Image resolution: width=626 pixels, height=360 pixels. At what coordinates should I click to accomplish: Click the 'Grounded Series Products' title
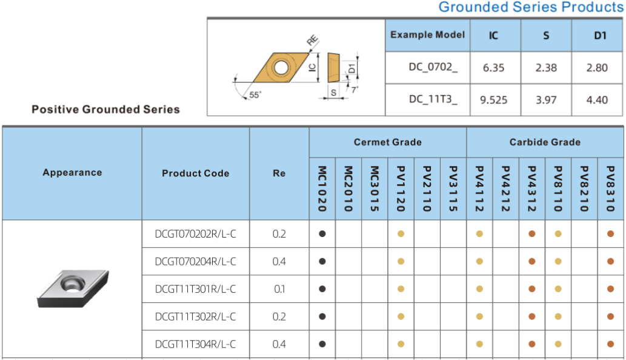531,7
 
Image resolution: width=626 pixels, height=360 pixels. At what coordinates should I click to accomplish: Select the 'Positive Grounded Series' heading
106,109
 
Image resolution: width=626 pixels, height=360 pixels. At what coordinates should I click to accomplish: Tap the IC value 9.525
493,100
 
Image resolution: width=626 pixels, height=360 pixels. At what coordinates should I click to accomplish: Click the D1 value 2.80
597,67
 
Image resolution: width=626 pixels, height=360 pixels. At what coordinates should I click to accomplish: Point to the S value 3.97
546,100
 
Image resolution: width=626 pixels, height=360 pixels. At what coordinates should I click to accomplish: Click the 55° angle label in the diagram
255,95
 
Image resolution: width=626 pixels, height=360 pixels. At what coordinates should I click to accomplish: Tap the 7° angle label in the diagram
355,90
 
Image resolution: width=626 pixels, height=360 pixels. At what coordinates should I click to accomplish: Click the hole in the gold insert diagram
281,67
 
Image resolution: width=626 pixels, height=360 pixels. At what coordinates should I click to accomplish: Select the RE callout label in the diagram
312,41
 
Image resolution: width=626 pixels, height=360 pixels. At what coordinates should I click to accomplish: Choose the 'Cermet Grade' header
388,142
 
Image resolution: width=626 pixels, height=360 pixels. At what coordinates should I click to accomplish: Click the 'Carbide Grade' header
545,142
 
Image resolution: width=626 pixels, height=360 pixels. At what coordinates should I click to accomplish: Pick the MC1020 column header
322,188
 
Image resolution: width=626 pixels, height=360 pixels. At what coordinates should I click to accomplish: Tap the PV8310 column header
610,188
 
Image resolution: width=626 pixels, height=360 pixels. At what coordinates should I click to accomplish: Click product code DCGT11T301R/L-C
195,289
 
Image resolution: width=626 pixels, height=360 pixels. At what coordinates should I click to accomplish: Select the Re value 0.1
279,289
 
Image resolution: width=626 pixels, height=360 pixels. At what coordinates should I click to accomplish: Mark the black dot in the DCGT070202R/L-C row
322,234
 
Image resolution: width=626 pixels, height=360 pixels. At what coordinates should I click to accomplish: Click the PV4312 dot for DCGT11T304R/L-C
532,344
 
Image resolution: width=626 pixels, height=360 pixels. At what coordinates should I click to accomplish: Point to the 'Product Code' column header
196,173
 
